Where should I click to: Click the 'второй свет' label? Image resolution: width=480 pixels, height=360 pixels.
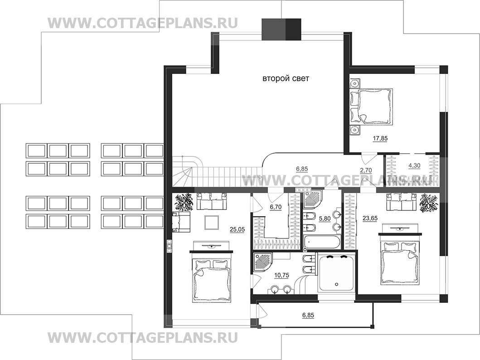coord(286,79)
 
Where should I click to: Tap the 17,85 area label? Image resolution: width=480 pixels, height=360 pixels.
coord(380,138)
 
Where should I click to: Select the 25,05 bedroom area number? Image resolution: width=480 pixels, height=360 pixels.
coord(237,229)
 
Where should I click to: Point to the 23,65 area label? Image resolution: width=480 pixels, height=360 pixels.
coord(370,218)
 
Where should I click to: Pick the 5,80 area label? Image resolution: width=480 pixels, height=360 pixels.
coord(325,219)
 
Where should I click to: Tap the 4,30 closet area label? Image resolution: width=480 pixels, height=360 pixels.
coord(414,165)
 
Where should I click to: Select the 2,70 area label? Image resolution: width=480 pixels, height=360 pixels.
coord(366,170)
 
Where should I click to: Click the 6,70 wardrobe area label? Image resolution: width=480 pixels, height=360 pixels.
coord(275,207)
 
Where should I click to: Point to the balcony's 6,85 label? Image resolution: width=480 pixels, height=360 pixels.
coord(308,315)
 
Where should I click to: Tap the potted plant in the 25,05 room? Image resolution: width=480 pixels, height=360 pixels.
coord(184,202)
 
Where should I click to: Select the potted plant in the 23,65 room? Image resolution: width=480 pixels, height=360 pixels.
coord(428,202)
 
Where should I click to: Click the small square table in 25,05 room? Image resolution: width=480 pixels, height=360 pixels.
coord(211,222)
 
